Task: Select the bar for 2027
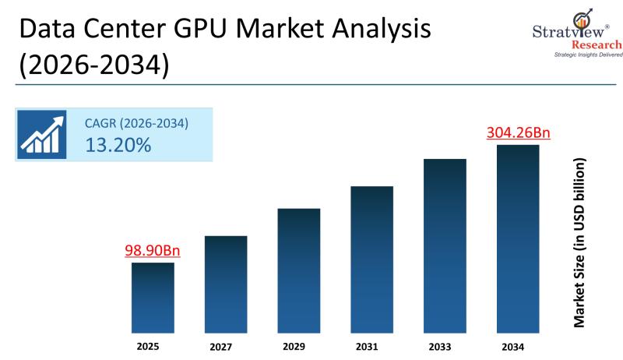pos(226,285)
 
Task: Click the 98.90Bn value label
pos(153,251)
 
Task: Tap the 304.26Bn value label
pos(518,132)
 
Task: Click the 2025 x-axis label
pos(153,344)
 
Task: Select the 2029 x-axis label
pos(299,345)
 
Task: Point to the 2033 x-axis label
pos(445,345)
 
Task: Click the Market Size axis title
pos(579,243)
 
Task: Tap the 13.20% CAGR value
pos(118,145)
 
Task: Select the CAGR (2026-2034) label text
pos(137,124)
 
